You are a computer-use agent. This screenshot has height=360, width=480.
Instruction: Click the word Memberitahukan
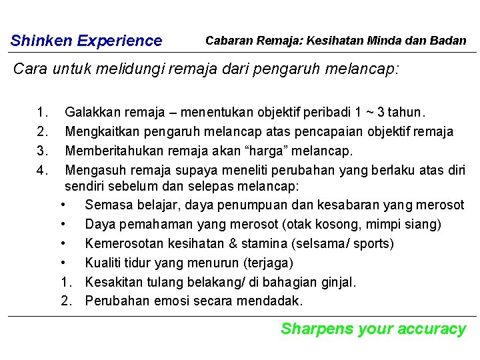(x=111, y=151)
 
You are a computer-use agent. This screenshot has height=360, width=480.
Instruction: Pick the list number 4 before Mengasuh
(x=42, y=169)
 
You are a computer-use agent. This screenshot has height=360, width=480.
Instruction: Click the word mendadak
(x=269, y=301)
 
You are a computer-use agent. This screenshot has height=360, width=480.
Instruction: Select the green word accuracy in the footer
(x=431, y=329)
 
